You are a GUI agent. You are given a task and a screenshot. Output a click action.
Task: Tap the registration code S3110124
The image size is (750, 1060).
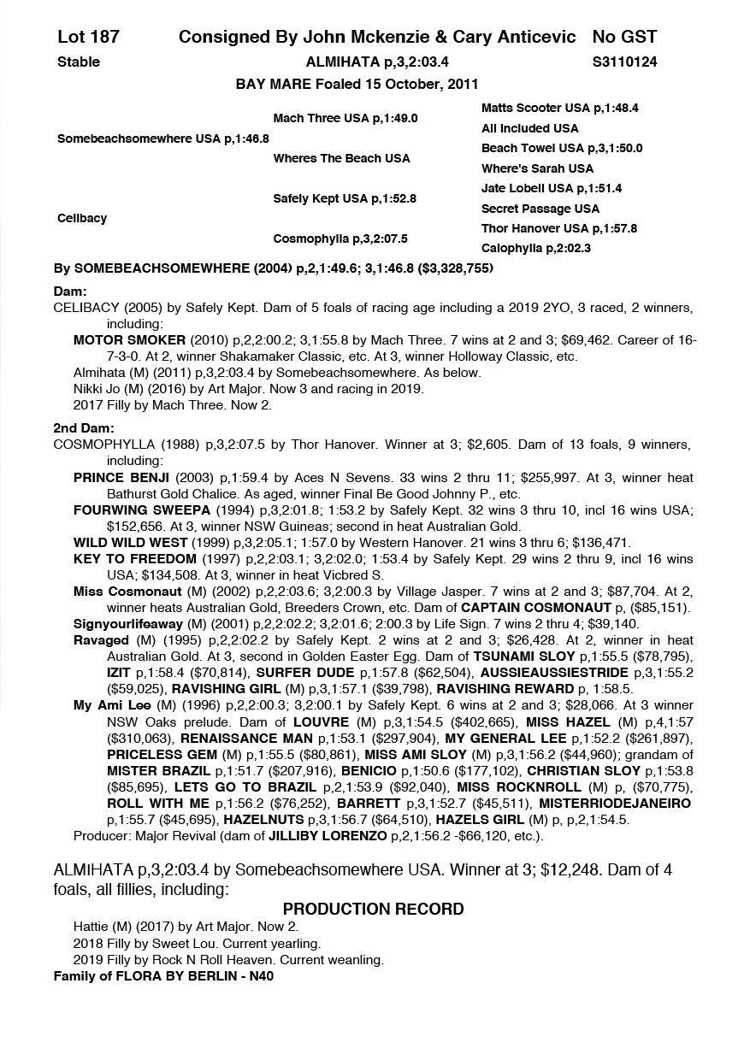624,62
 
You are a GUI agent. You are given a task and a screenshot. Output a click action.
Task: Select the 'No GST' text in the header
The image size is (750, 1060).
624,37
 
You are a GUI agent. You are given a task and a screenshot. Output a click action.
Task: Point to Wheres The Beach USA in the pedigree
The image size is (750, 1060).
341,158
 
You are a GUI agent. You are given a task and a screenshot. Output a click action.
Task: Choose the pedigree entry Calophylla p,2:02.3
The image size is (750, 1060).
535,249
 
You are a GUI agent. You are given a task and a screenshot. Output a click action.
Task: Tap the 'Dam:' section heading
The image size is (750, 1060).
70,291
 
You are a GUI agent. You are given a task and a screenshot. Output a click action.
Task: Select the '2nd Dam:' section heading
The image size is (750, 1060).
84,428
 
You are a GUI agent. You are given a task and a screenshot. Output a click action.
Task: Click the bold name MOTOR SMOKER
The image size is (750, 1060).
117,340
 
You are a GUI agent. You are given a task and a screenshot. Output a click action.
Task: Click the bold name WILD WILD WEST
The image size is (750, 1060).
130,543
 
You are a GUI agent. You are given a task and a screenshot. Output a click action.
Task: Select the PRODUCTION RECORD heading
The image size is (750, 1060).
373,909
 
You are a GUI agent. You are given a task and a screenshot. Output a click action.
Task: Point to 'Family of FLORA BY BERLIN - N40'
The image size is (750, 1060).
163,976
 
